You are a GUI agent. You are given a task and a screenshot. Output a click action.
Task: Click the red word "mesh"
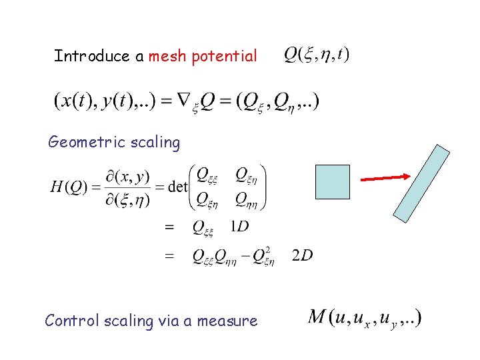point(168,56)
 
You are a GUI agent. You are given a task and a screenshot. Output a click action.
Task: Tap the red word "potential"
point(224,57)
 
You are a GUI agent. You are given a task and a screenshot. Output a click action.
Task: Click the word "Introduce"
point(93,56)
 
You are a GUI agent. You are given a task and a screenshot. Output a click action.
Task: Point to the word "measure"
point(227,321)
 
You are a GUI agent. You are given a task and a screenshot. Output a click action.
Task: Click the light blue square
point(332,182)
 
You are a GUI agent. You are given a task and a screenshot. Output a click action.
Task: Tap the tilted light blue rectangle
point(421,183)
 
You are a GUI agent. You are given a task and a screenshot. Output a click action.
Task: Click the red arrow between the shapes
point(385,177)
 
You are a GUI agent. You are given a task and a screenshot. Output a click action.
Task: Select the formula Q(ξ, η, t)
point(317,54)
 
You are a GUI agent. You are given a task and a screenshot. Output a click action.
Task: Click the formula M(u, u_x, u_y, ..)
point(365,317)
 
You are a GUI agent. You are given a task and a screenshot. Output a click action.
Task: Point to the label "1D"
point(239,227)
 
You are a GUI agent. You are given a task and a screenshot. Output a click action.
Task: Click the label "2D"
point(302,255)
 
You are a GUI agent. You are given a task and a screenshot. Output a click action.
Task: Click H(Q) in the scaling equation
point(69,186)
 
